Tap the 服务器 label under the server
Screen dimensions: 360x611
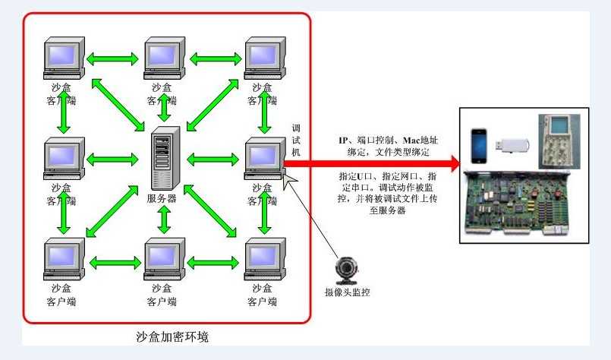point(162,199)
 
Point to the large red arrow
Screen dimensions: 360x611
point(372,163)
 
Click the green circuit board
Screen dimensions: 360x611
point(525,205)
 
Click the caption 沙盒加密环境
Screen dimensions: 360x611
point(165,335)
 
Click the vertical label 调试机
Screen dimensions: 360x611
point(296,140)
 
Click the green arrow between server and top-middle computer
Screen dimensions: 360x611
point(162,108)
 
